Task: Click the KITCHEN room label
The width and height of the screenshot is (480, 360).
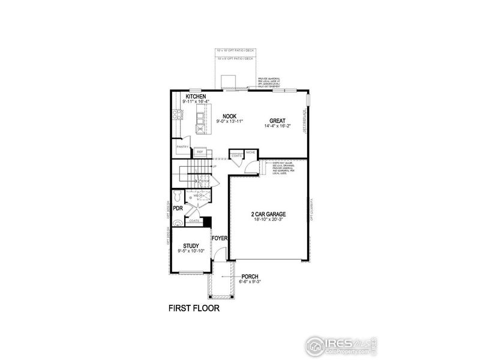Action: (x=196, y=97)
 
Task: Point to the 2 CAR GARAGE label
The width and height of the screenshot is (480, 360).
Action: (x=268, y=214)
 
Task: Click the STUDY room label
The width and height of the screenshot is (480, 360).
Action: (x=191, y=245)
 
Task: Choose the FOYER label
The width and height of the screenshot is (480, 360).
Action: (x=220, y=238)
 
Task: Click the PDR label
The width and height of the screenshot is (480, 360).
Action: (x=177, y=208)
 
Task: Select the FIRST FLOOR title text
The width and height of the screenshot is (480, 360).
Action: (x=193, y=310)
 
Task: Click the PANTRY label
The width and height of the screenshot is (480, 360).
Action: (x=182, y=147)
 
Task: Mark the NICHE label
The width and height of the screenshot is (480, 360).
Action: (x=250, y=152)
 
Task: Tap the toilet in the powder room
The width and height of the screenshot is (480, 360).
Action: (x=176, y=196)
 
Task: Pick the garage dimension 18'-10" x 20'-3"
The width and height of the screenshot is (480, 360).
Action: (x=268, y=220)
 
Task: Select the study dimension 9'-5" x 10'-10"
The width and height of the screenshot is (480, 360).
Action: (x=191, y=251)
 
